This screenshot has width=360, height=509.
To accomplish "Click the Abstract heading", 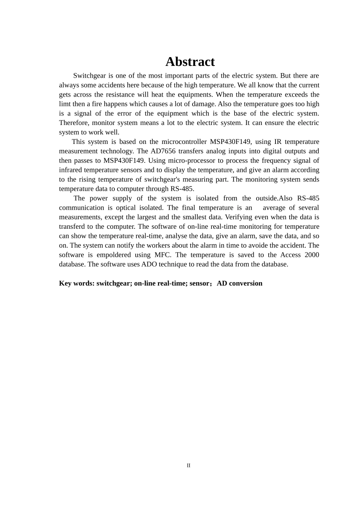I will point(190,62).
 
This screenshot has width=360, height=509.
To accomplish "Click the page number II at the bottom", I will point(188,465).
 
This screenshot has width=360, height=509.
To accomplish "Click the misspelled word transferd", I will point(72,226).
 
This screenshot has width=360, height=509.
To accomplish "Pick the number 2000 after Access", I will point(311,255).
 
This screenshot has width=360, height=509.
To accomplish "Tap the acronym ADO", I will point(149,264).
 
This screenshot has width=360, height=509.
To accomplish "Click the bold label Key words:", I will point(77,283).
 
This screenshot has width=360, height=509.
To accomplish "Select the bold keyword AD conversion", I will point(239,283).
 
